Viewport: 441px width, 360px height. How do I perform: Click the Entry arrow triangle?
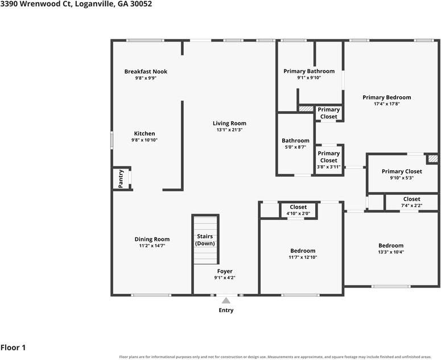pos(226,301)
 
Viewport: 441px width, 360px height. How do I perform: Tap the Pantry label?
pos(121,179)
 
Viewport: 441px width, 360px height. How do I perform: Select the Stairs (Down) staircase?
pos(205,240)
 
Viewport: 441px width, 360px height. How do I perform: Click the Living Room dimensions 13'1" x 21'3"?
pos(229,130)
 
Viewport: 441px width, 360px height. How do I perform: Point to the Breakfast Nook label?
pos(146,72)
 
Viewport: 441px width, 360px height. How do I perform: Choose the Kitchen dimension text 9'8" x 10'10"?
pos(145,140)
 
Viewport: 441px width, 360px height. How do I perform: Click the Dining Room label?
pos(152,239)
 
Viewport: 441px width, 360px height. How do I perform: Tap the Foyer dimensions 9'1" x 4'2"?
pos(225,277)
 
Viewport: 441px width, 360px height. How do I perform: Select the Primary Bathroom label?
pos(309,71)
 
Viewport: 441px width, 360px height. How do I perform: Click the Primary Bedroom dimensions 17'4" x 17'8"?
pos(387,104)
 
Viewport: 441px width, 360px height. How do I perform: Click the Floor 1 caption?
pos(13,347)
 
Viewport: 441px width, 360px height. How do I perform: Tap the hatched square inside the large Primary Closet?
pos(433,159)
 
